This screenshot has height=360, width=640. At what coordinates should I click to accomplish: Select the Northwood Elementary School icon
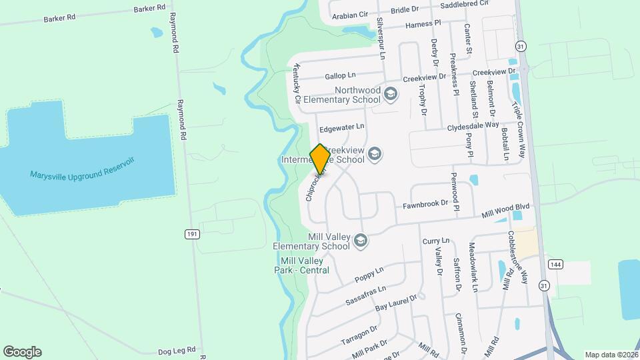coord(391,95)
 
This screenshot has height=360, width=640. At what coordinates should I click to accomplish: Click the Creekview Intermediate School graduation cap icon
coord(375,155)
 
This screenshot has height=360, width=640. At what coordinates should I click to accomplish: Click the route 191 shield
coord(192,234)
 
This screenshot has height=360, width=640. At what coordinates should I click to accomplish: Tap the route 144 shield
coord(553,265)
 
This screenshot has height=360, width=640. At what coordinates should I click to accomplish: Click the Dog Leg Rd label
coord(177,349)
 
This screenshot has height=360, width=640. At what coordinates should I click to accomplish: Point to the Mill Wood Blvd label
coord(507,213)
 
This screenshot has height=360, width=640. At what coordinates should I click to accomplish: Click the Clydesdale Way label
coord(473,125)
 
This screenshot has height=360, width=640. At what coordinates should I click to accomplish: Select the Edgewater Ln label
coord(342,126)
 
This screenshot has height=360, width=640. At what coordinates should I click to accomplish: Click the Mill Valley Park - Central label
coord(305,265)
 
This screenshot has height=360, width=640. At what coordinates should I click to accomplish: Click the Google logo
coord(22,351)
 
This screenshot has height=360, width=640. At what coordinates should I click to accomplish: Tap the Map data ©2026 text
coord(611,355)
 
